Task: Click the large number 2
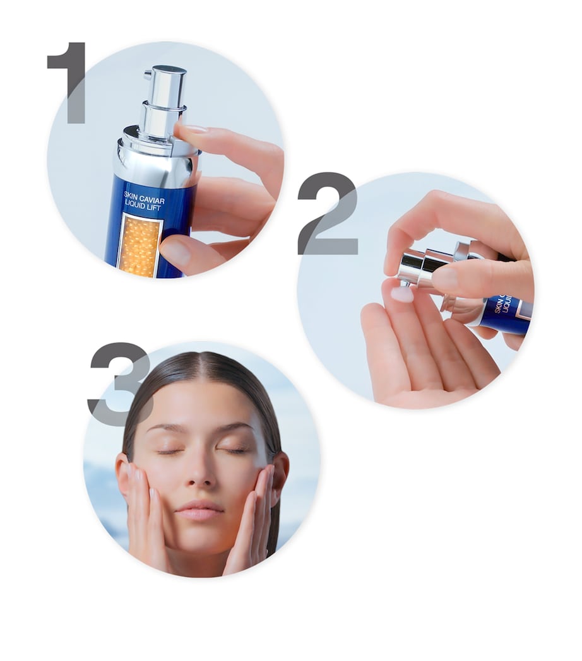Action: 328,214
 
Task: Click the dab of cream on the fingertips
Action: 401,294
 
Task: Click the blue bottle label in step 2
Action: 505,312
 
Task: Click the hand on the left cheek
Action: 142,505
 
